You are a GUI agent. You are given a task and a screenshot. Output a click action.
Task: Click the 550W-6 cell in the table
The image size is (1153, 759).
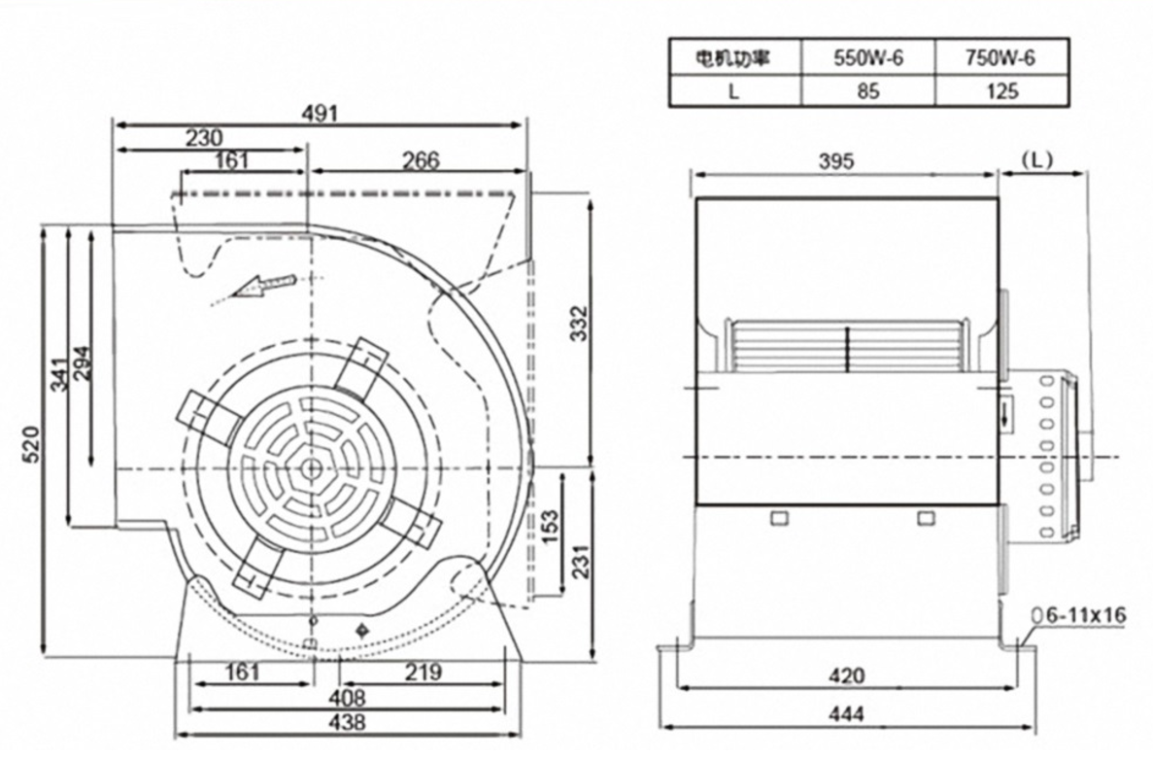[x=867, y=57]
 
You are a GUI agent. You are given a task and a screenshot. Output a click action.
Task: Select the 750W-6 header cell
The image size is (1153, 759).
[x=1000, y=57]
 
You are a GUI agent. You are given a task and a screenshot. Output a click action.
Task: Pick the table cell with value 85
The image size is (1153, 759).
[x=867, y=91]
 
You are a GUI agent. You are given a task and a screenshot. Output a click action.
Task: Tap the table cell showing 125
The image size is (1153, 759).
[x=1000, y=91]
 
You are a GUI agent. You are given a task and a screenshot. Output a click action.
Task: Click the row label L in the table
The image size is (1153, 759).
[x=734, y=91]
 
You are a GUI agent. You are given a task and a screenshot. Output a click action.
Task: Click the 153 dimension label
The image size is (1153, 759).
[x=550, y=528]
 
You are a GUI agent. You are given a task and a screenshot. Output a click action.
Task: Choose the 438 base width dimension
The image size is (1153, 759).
[x=348, y=722]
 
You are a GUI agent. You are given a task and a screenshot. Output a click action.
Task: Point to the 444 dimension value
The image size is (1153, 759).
[x=848, y=715]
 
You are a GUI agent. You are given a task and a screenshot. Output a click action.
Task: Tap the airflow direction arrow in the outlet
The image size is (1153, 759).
[x=259, y=287]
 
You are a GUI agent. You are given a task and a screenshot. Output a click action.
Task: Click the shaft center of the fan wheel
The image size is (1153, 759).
[x=311, y=468]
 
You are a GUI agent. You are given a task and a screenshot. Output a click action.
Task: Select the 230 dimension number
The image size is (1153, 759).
[x=204, y=138]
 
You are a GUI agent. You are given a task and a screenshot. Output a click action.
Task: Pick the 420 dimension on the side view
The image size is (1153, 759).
[x=848, y=675]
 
